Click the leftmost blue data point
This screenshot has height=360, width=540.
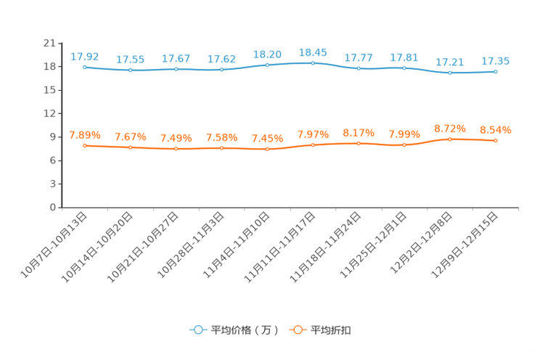click(85, 67)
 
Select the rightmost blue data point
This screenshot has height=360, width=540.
click(496, 71)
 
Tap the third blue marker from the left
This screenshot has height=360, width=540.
click(176, 69)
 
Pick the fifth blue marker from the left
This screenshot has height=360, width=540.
click(268, 65)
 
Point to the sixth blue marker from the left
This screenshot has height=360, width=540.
click(313, 63)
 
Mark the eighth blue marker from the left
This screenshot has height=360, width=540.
click(404, 68)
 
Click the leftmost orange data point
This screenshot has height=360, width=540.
click(85, 146)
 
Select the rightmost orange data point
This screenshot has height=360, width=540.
click(496, 141)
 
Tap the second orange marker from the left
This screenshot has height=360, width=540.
click(131, 148)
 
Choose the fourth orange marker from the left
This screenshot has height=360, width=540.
click(222, 148)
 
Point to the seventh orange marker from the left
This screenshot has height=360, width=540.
click(359, 144)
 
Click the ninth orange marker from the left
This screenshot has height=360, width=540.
click(450, 139)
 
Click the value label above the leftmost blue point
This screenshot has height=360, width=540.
click(85, 56)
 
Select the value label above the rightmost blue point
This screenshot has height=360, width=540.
click(496, 61)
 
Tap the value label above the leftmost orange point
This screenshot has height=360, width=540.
click(85, 135)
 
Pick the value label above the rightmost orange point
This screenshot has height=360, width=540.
click(496, 130)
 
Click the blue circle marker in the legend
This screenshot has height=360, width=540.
click(198, 330)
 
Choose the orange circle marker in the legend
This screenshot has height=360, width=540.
click(297, 330)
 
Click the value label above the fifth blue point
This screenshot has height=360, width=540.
click(268, 54)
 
